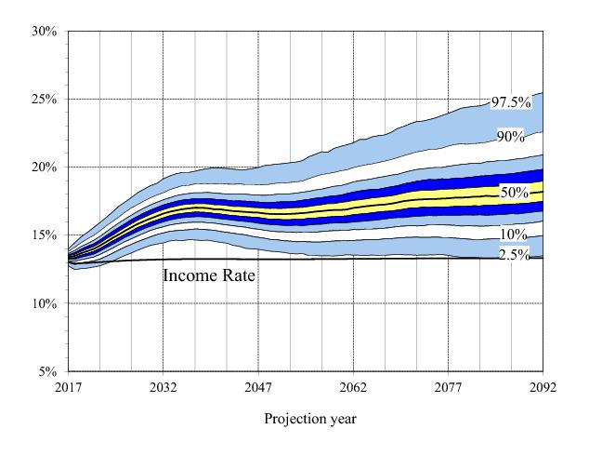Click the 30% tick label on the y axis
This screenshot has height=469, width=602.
pos(45,31)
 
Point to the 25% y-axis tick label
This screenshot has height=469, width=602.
pos(45,99)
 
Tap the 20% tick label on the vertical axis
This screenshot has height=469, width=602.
pos(45,167)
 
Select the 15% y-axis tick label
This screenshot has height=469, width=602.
pos(45,235)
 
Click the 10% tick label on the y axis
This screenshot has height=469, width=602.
pos(45,303)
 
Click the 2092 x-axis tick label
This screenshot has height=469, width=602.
pos(543,387)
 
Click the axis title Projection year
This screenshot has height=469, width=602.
pos(309,419)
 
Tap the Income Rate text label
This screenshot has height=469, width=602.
pos(208,275)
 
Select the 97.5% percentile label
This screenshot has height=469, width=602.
pos(510,102)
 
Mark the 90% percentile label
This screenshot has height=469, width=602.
pos(510,137)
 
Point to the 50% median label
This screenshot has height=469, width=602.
pos(514,193)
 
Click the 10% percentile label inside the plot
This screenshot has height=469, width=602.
pos(514,234)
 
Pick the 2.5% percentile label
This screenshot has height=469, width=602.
pos(514,254)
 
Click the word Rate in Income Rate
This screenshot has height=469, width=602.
pos(236,275)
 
